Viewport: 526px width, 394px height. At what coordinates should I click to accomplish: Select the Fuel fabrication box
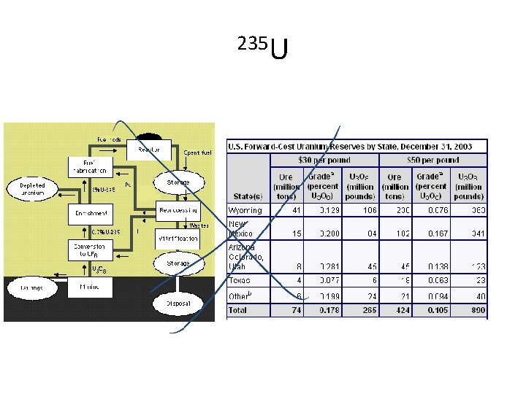click(x=90, y=166)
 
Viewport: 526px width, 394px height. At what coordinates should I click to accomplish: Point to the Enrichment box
click(x=90, y=214)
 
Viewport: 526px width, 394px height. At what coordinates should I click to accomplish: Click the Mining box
click(x=90, y=288)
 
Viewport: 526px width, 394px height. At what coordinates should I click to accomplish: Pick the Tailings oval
click(x=28, y=288)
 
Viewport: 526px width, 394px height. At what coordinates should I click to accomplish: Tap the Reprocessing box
click(x=178, y=211)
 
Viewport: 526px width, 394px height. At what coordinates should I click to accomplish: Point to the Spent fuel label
click(x=197, y=153)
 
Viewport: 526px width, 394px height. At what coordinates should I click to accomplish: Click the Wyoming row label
click(x=245, y=210)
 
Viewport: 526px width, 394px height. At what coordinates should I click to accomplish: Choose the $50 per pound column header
click(x=433, y=160)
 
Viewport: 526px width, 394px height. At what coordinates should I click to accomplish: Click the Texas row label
click(x=240, y=280)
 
